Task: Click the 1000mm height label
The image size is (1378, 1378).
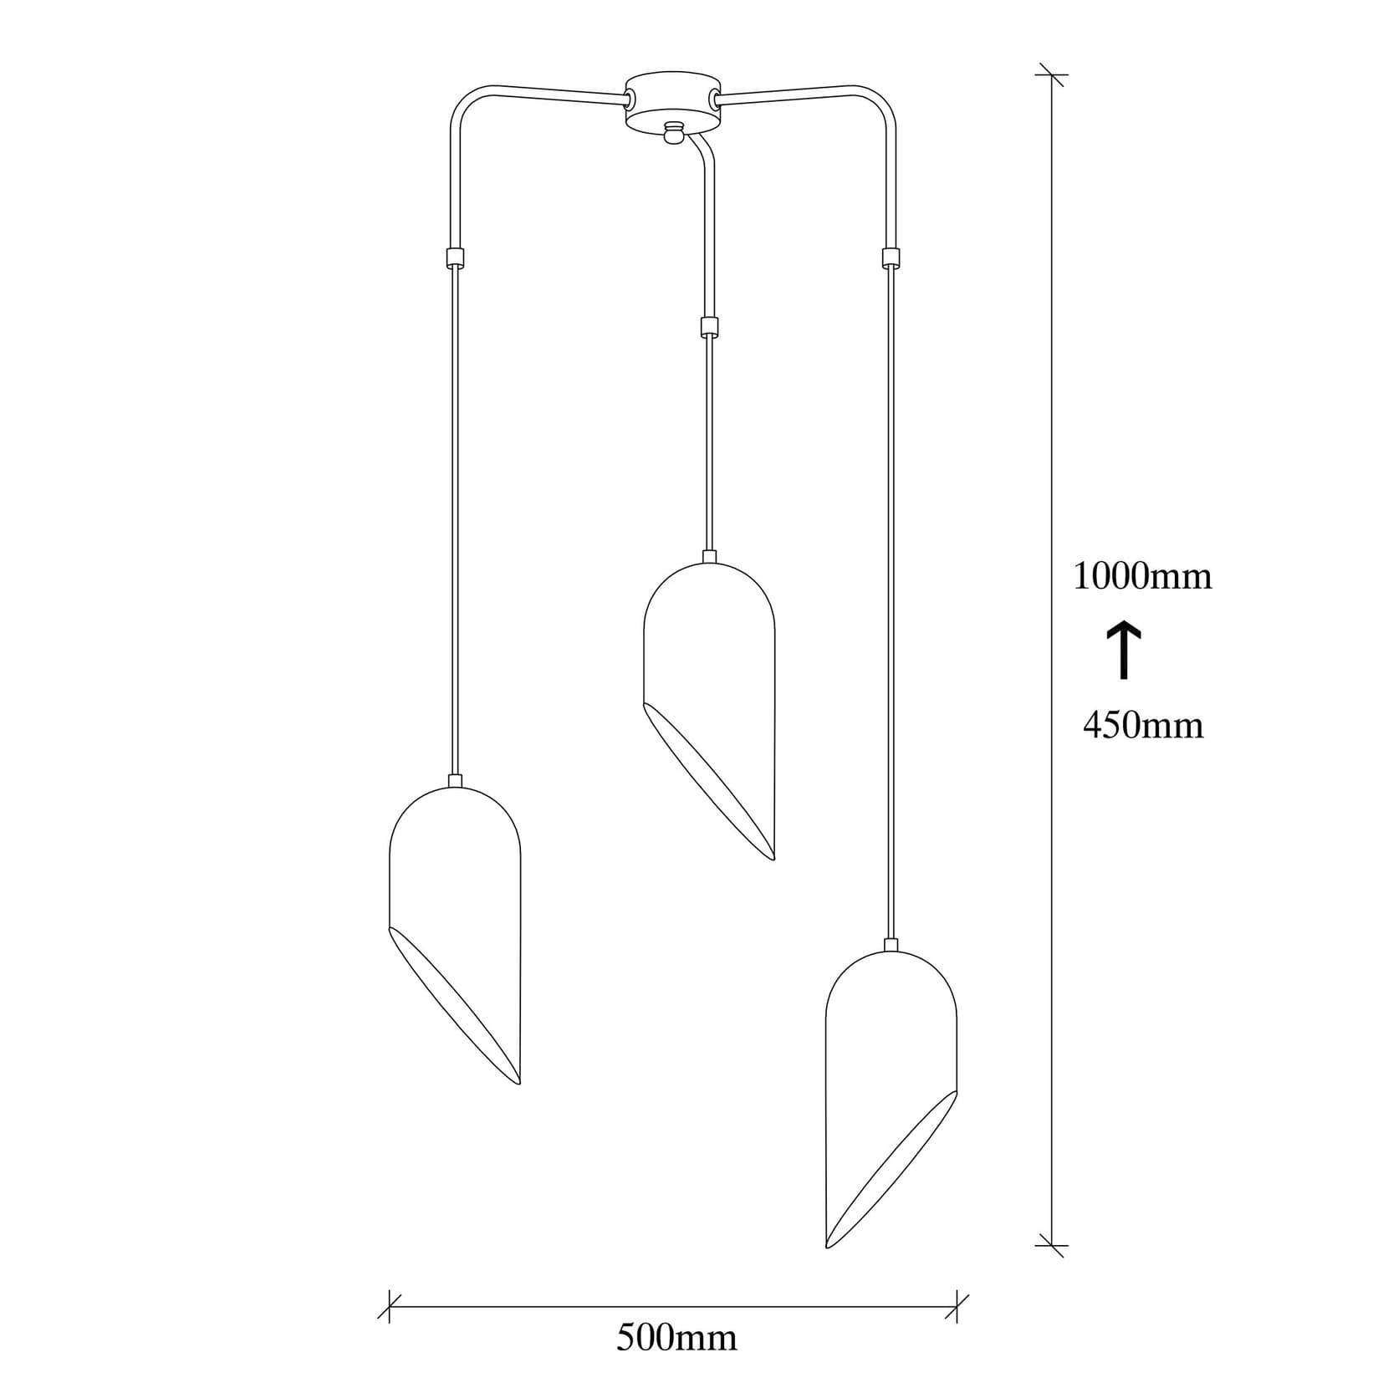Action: pyautogui.click(x=1142, y=577)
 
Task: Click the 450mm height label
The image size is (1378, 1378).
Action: pyautogui.click(x=1143, y=726)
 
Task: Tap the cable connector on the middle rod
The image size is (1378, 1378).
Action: pyautogui.click(x=709, y=326)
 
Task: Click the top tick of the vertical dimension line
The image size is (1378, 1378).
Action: pyautogui.click(x=1051, y=75)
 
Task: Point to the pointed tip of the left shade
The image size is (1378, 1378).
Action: pyautogui.click(x=519, y=1083)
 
